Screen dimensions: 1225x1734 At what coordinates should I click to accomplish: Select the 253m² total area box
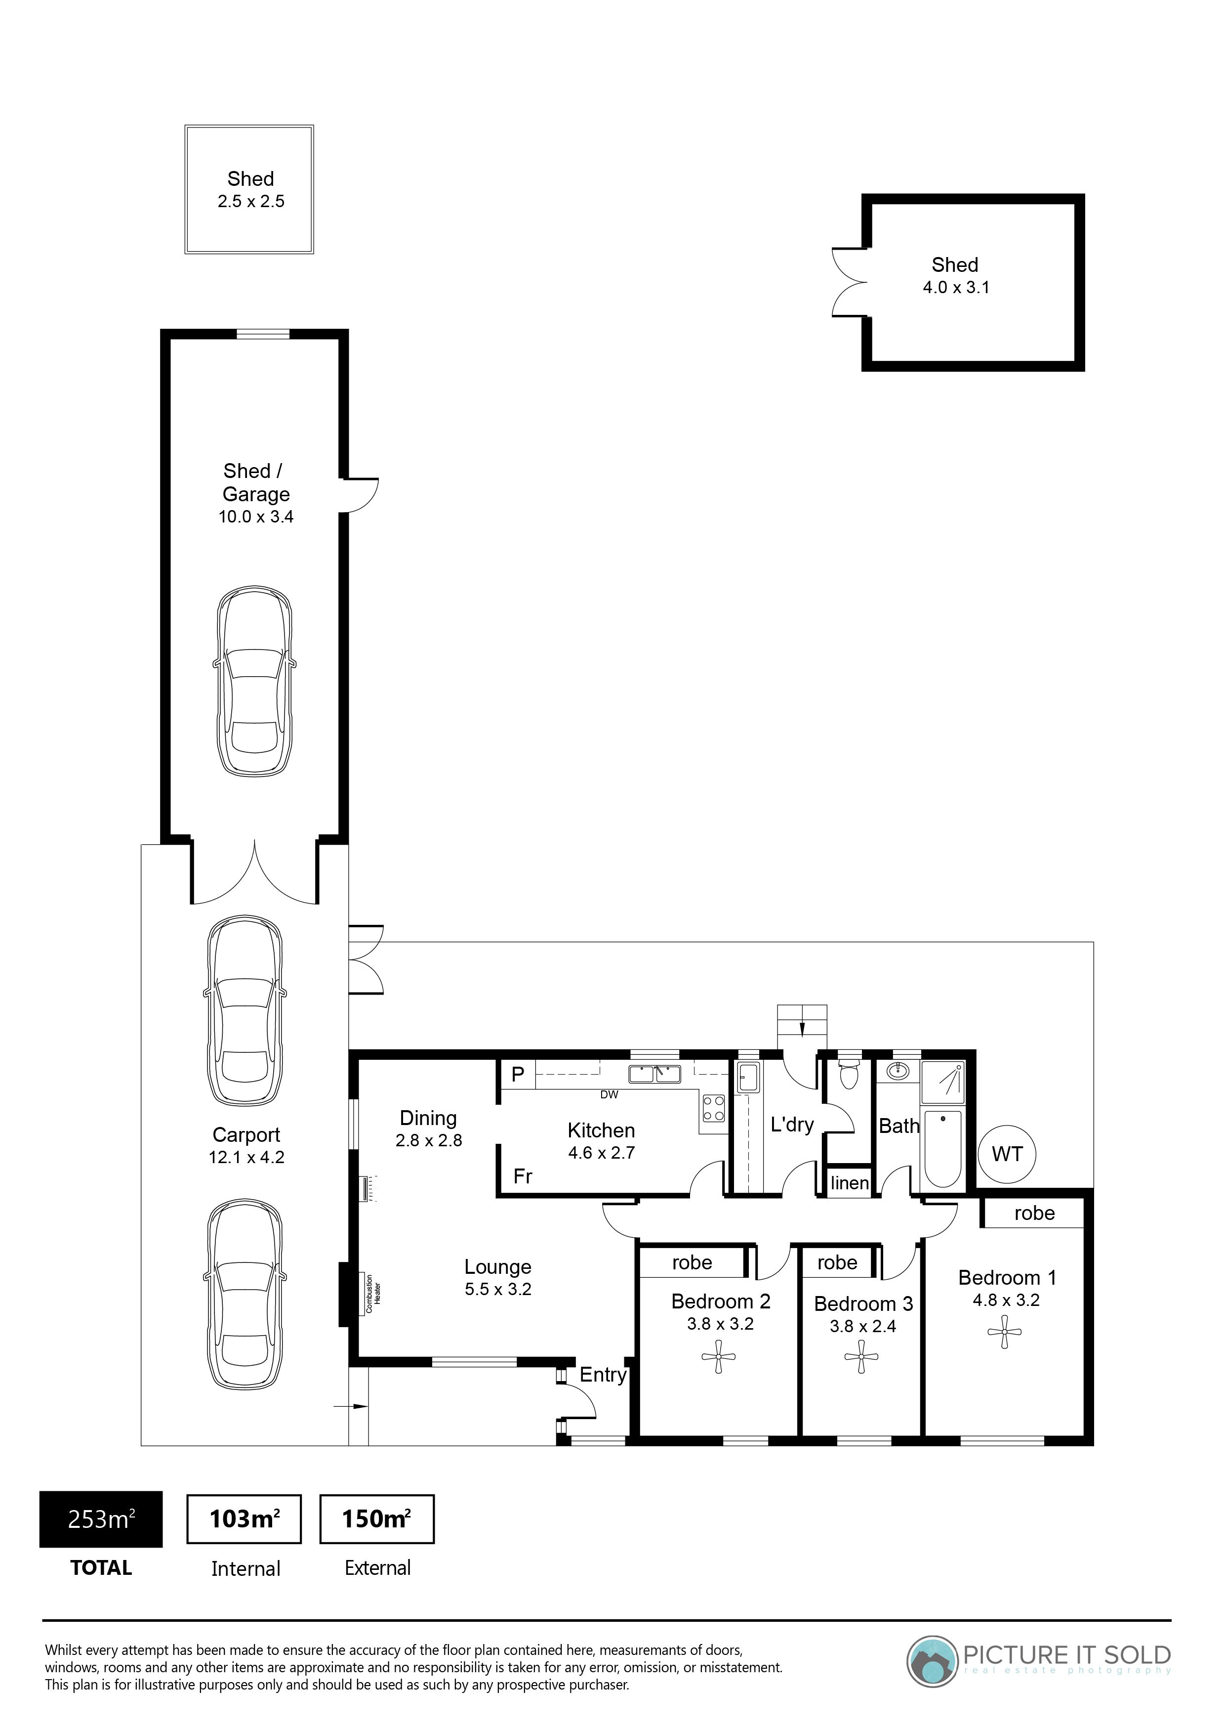[101, 1519]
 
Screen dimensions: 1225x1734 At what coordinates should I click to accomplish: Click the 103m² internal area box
[244, 1519]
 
